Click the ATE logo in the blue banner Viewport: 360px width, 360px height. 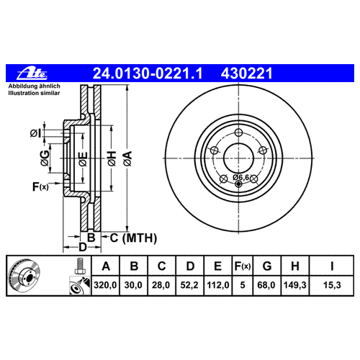point(32,73)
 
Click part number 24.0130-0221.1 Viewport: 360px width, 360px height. point(148,73)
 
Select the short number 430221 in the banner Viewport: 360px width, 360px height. point(246,73)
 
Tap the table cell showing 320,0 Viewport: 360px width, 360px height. point(105,285)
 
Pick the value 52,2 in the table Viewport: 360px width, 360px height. point(189,285)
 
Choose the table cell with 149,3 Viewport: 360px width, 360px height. point(295,285)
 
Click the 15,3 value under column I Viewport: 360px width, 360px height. point(332,285)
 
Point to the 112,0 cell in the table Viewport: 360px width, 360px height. point(218,285)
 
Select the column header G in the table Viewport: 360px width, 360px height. point(267,266)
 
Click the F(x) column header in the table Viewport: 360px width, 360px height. point(243,266)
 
